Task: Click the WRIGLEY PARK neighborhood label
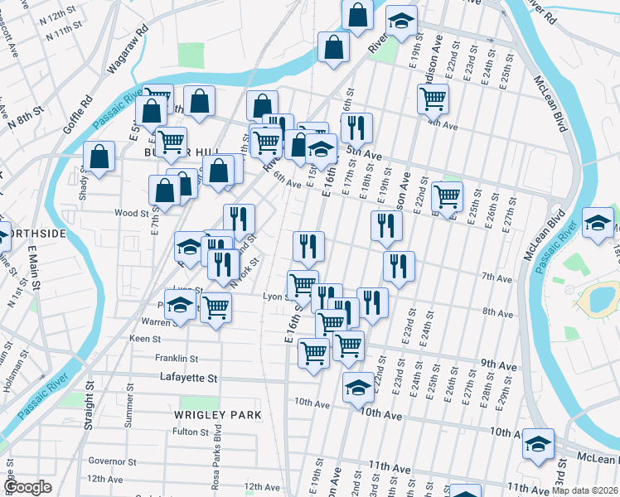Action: pyautogui.click(x=218, y=414)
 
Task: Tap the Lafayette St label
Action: pyautogui.click(x=188, y=378)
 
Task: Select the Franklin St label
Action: pyautogui.click(x=177, y=359)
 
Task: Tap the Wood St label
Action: pyautogui.click(x=131, y=213)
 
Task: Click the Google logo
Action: pyautogui.click(x=27, y=487)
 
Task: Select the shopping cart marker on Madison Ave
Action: pyautogui.click(x=433, y=99)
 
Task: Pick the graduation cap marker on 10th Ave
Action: pyautogui.click(x=358, y=387)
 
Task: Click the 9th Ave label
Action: pyautogui.click(x=498, y=364)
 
